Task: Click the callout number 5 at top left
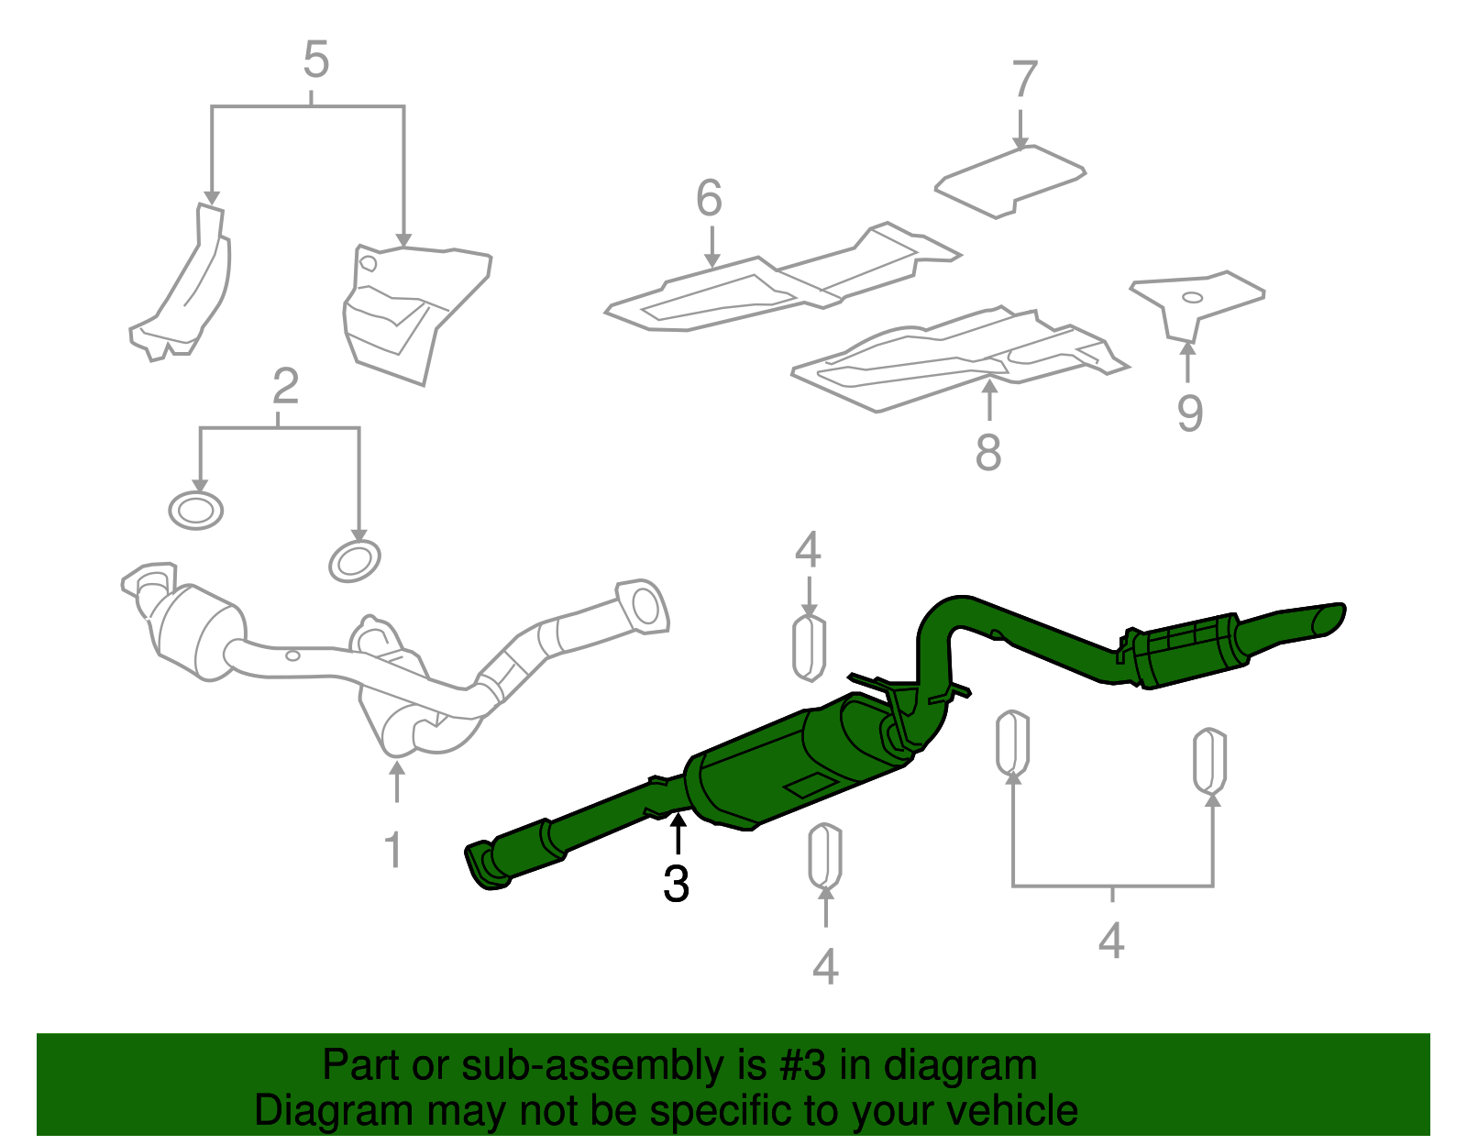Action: click(315, 61)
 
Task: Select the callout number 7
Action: click(1024, 80)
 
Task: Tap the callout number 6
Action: click(709, 198)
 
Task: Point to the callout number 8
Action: click(988, 452)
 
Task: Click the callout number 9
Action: click(1189, 413)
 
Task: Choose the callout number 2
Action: click(285, 387)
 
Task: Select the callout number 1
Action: click(393, 851)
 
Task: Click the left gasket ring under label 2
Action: click(196, 510)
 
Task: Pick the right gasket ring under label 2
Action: click(355, 560)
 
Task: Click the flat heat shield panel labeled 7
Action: click(1010, 180)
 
